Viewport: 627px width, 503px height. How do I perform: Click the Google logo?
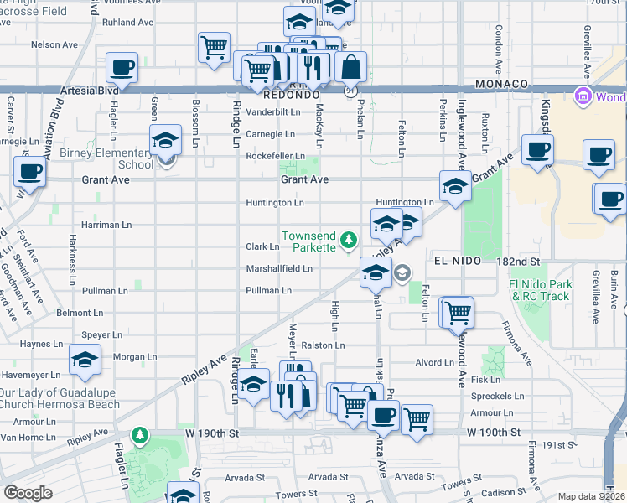point(28,493)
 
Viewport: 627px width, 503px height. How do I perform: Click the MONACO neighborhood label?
point(501,85)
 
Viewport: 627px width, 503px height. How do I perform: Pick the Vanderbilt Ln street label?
point(272,111)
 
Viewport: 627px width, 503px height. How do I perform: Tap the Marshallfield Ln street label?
point(278,269)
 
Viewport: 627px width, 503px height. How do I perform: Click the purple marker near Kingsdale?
point(583,96)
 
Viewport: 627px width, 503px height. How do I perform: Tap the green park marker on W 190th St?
point(139,435)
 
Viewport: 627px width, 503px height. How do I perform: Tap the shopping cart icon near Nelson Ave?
point(215,46)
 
